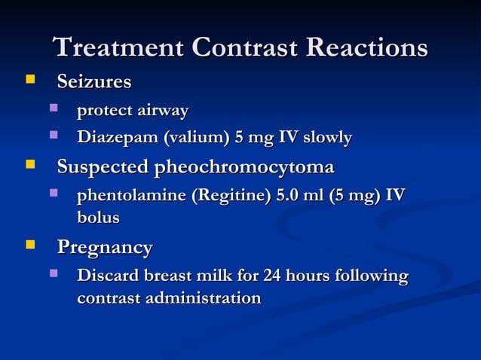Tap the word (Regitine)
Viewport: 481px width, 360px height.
(231, 196)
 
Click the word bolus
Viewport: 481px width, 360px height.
(98, 218)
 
